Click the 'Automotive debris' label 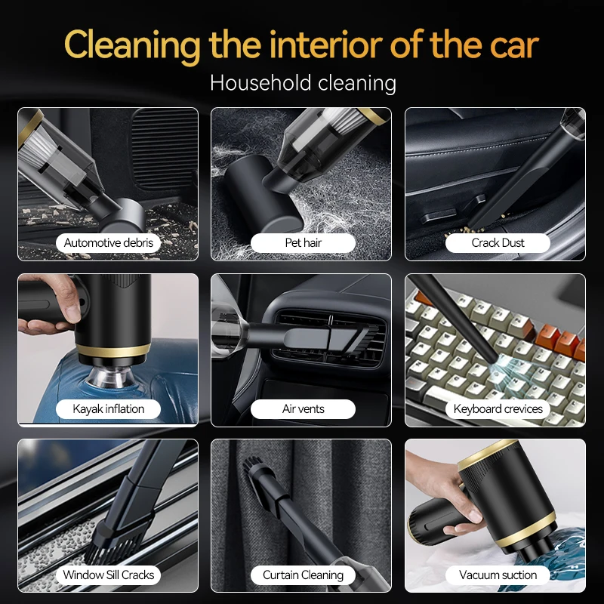click(108, 242)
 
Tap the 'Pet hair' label click(303, 242)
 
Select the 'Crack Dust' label click(498, 242)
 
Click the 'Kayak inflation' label click(108, 408)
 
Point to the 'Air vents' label click(303, 408)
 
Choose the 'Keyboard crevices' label click(498, 408)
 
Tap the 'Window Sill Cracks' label click(108, 575)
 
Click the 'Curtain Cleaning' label click(303, 575)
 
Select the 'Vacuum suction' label click(498, 575)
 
